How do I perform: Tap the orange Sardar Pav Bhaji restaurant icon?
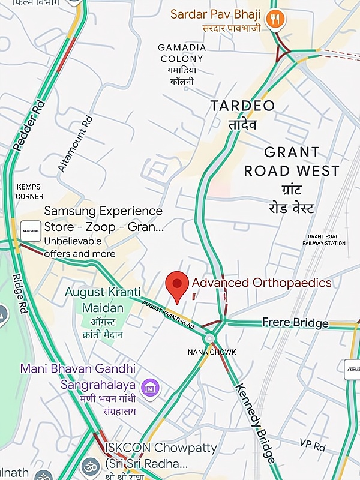pyautogui.click(x=276, y=19)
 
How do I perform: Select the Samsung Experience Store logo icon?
pyautogui.click(x=31, y=230)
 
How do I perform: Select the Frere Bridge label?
pyautogui.click(x=295, y=323)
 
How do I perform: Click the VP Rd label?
pyautogui.click(x=311, y=445)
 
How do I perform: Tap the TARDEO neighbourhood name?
pyautogui.click(x=242, y=106)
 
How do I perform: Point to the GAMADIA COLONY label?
pyautogui.click(x=182, y=53)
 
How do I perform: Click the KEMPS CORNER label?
pyautogui.click(x=29, y=191)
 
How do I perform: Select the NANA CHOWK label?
pyautogui.click(x=212, y=352)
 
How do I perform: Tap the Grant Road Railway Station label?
pyautogui.click(x=326, y=239)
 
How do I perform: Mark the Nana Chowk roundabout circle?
pyautogui.click(x=209, y=337)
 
